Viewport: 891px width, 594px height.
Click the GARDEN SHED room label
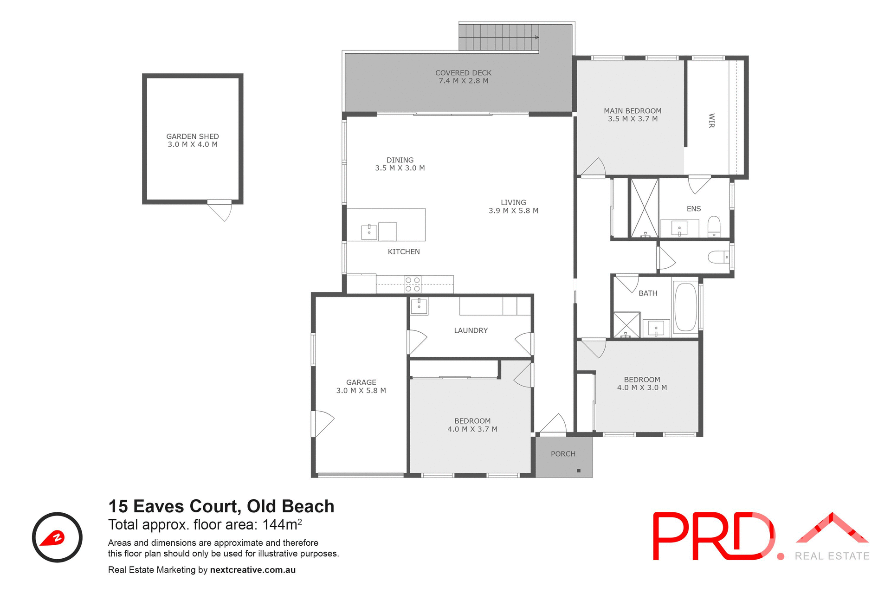pyautogui.click(x=193, y=136)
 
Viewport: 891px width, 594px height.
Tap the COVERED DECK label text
pyautogui.click(x=463, y=73)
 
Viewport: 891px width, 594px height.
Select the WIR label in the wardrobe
pyautogui.click(x=711, y=121)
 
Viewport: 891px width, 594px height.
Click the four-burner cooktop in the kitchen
pyautogui.click(x=413, y=284)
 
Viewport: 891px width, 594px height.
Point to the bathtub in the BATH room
pyautogui.click(x=685, y=307)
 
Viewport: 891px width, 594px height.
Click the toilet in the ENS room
pyautogui.click(x=714, y=226)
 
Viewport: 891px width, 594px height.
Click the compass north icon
pyautogui.click(x=57, y=537)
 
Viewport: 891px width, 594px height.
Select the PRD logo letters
pyautogui.click(x=714, y=536)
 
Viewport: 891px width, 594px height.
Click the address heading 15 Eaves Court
pyautogui.click(x=221, y=506)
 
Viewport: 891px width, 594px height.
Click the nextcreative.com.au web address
pyautogui.click(x=253, y=570)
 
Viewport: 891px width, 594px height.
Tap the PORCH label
pyautogui.click(x=563, y=454)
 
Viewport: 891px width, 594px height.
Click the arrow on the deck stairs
pyautogui.click(x=536, y=37)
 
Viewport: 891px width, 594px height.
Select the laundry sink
pyautogui.click(x=419, y=306)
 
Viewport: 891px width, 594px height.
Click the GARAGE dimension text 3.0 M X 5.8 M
pyautogui.click(x=361, y=391)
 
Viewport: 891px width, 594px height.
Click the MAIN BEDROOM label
pyautogui.click(x=633, y=111)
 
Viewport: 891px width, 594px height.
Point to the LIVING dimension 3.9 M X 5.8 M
pyautogui.click(x=513, y=211)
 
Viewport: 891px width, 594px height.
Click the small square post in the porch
pyautogui.click(x=579, y=471)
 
